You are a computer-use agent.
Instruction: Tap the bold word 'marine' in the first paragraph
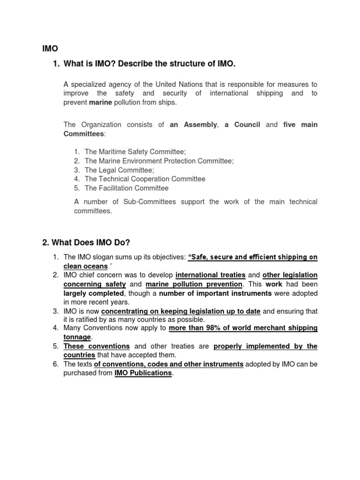point(102,102)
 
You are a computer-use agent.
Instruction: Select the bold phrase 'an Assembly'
point(193,125)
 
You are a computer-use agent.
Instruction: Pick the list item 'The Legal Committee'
point(119,170)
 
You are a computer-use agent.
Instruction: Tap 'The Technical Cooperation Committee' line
point(145,179)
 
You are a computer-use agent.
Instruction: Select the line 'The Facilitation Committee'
point(127,188)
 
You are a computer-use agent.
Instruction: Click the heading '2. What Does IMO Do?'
point(86,242)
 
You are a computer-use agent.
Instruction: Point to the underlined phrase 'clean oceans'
point(85,266)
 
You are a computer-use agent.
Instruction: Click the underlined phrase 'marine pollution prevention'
point(194,284)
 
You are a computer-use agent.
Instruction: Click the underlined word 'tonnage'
point(77,337)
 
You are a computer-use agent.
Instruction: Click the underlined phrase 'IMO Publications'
point(143,374)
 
